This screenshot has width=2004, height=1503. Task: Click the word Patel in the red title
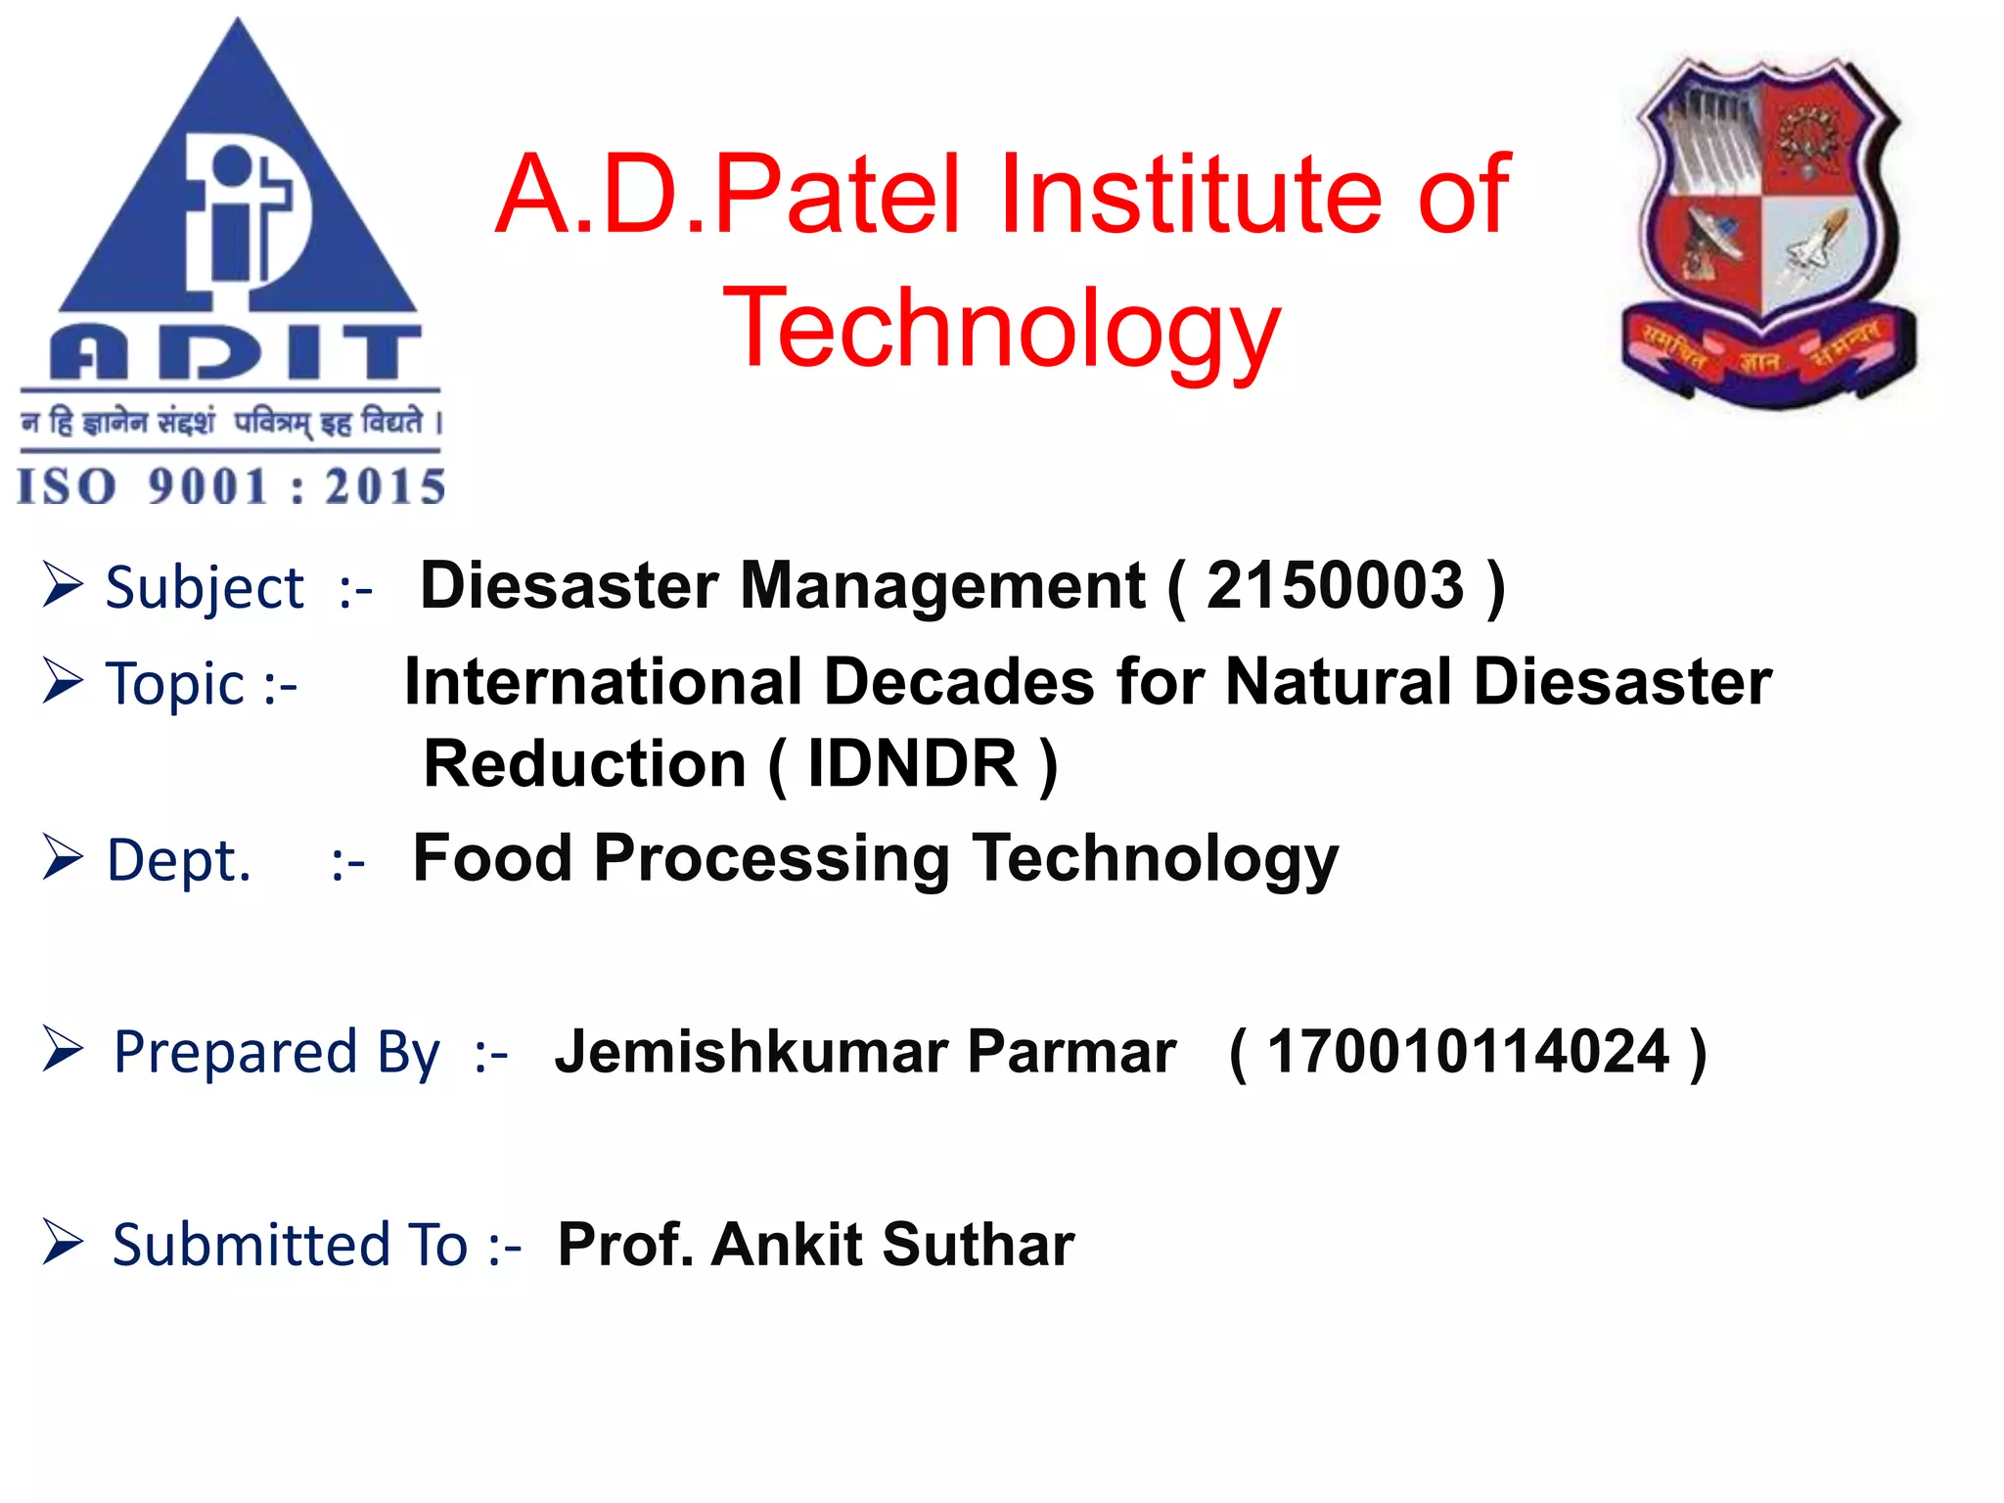[837, 195]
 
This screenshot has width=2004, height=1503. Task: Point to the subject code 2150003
[1335, 586]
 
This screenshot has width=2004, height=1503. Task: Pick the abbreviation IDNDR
[912, 764]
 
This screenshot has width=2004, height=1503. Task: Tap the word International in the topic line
[603, 682]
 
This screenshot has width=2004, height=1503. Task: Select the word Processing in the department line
[771, 858]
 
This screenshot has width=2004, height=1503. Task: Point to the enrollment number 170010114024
[1467, 1052]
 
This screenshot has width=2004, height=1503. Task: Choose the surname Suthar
[978, 1245]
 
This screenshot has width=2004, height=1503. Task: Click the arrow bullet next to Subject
[63, 585]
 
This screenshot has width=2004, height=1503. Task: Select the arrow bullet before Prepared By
[63, 1050]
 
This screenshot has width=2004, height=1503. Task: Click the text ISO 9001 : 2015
[231, 486]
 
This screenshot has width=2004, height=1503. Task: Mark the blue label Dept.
[178, 861]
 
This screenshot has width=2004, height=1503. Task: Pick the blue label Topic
[175, 684]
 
